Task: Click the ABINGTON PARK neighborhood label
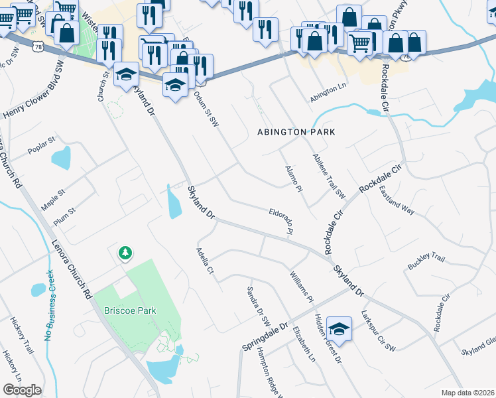(x=296, y=132)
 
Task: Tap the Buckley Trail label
(x=426, y=261)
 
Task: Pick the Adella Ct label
(x=205, y=261)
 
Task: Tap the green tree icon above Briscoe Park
(x=125, y=253)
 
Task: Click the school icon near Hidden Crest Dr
(x=339, y=328)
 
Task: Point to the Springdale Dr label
(x=265, y=338)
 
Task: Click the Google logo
(x=22, y=390)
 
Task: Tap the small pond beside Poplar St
(x=61, y=158)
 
